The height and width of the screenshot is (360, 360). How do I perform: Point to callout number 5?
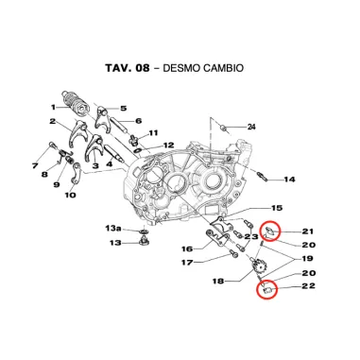pyautogui.click(x=124, y=109)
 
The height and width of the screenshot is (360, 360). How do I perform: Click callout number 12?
pyautogui.click(x=169, y=146)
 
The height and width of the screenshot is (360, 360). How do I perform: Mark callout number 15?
pyautogui.click(x=277, y=208)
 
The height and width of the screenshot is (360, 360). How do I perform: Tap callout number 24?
pyautogui.click(x=252, y=127)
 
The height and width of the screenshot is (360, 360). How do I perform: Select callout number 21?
pyautogui.click(x=309, y=231)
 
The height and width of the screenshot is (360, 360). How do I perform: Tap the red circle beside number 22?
pyautogui.click(x=268, y=291)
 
